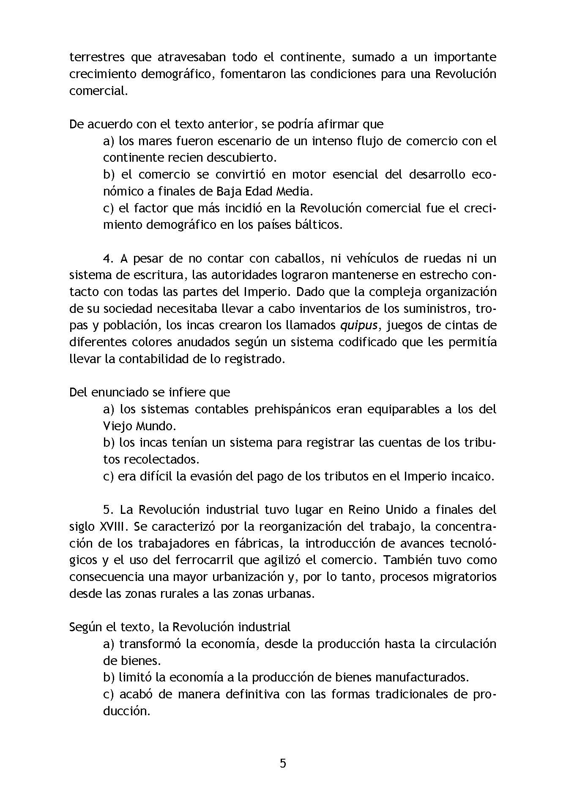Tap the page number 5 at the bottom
[x=283, y=763]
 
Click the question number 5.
[x=107, y=510]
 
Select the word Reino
[x=364, y=510]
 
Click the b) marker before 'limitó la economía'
[x=109, y=677]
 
